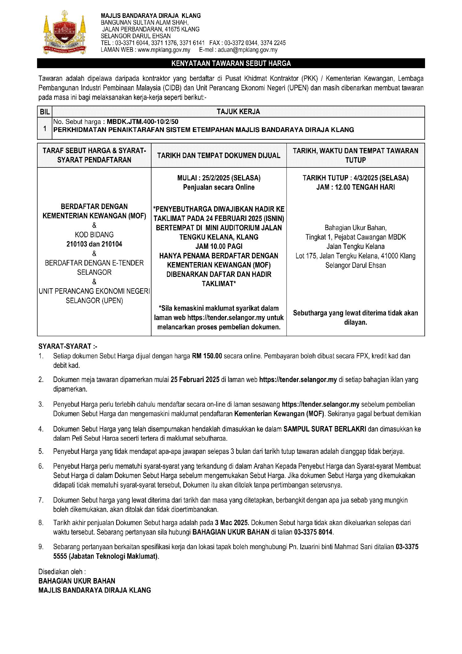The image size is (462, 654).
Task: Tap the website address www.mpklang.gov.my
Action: point(164,50)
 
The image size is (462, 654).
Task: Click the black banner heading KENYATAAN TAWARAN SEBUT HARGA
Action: point(231,64)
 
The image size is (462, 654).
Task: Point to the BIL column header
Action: point(45,112)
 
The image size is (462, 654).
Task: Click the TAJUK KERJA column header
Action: point(238,112)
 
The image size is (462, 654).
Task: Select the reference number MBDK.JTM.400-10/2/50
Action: point(142,122)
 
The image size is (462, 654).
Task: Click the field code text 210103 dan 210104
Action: point(94,244)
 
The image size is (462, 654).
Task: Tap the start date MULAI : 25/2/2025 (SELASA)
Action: point(219,178)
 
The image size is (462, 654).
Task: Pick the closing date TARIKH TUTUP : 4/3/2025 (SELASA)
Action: point(355,178)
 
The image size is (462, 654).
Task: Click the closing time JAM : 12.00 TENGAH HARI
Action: point(355,187)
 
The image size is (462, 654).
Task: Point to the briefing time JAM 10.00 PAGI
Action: point(219,246)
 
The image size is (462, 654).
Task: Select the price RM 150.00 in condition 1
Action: point(207,356)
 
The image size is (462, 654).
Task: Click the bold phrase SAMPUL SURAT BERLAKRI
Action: point(325,429)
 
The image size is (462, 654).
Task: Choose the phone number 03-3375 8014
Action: point(313,532)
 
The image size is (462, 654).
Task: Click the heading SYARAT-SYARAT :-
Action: point(68,346)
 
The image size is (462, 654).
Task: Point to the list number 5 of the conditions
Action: point(41,452)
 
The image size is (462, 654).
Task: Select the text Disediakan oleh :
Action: point(62,572)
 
